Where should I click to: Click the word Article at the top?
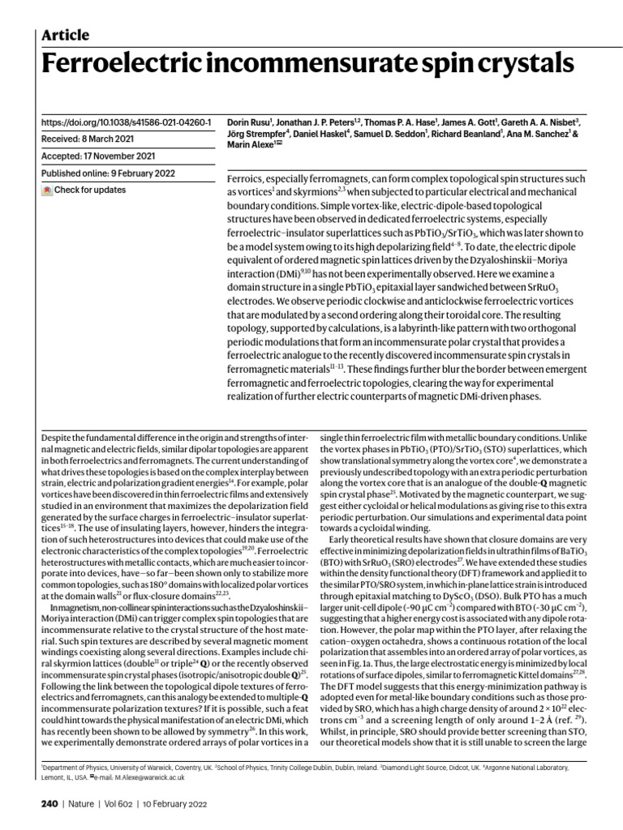coord(65,35)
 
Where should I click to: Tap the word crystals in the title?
coord(519,64)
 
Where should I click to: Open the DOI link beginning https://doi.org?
coord(126,122)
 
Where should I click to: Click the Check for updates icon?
coord(47,190)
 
